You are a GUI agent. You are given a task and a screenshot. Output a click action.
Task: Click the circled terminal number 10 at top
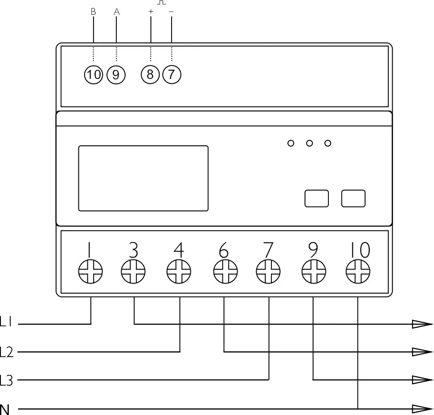coord(94,75)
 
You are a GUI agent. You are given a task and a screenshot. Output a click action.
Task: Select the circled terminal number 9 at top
coord(116,75)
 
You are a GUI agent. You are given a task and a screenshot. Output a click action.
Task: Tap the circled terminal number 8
coord(150,74)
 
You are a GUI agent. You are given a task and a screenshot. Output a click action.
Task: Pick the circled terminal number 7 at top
coord(172,74)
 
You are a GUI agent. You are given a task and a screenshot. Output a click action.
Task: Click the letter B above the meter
coord(93,12)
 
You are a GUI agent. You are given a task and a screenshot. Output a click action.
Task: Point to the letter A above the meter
coord(117,12)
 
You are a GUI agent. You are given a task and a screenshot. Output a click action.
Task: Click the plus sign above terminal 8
coord(151,11)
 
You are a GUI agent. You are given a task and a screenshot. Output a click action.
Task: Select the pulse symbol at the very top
coord(161,2)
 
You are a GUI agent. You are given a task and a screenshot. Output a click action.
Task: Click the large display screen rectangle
coord(143,178)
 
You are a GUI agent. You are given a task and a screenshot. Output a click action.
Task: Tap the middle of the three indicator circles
coord(309,143)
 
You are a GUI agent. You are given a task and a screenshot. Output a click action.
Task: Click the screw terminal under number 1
coord(90,271)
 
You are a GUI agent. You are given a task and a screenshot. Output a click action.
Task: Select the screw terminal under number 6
coord(225,271)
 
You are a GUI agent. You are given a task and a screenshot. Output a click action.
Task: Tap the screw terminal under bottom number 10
coord(358,271)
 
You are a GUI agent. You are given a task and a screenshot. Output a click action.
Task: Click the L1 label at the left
coord(6,322)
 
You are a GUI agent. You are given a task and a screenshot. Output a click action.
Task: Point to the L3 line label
coord(6,380)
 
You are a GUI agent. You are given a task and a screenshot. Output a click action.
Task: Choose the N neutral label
coord(5,410)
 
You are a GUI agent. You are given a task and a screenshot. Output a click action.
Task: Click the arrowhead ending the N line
coord(422,409)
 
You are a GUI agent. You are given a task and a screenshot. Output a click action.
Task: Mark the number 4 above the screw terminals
coord(179,250)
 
